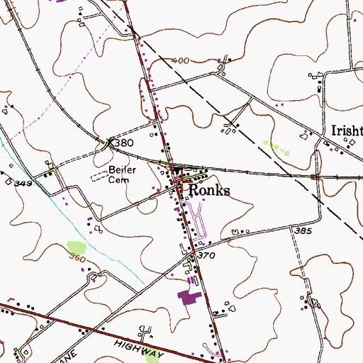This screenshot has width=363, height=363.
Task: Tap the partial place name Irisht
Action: pyautogui.click(x=347, y=131)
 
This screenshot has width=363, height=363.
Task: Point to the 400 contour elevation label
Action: pyautogui.click(x=180, y=62)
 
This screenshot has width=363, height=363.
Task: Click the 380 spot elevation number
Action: pyautogui.click(x=123, y=143)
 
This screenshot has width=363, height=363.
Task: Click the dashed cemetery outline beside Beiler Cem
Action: pyautogui.click(x=99, y=174)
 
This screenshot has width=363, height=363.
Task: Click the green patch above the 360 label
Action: pyautogui.click(x=76, y=248)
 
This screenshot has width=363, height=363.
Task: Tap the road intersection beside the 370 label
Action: pyautogui.click(x=192, y=251)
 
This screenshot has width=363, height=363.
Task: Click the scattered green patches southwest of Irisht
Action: pyautogui.click(x=277, y=147)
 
